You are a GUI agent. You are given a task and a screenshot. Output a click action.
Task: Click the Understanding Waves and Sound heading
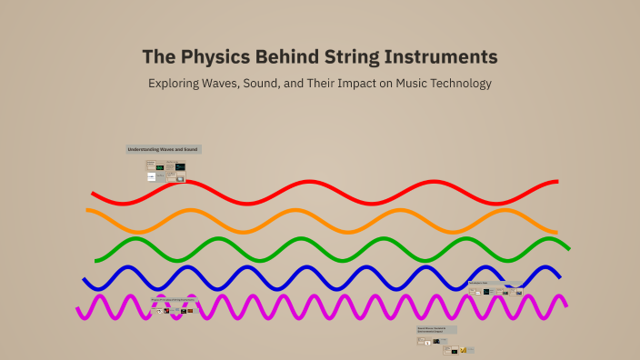click(163, 149)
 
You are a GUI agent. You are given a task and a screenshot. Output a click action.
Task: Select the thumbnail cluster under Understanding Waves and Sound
click(165, 172)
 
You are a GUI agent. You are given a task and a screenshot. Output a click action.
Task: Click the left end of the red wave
click(94, 195)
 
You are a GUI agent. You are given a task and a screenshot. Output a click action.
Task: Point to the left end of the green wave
click(97, 256)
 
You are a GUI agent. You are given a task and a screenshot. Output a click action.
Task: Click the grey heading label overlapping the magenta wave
click(174, 299)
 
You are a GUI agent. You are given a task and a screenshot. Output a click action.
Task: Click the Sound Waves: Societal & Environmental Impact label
click(436, 329)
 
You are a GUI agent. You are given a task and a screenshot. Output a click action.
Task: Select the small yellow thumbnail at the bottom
click(463, 350)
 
